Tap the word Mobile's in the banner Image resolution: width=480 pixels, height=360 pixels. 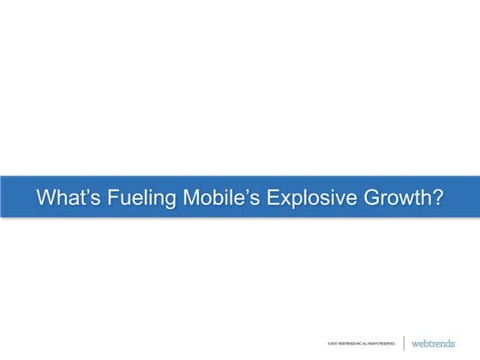click(221, 197)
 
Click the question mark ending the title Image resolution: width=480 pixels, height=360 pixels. click(437, 197)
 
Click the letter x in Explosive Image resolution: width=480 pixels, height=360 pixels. click(286, 199)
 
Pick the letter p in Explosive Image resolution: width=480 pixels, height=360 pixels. click(297, 201)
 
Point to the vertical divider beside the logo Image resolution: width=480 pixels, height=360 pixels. click(404, 342)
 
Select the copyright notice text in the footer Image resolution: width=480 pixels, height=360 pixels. click(355, 344)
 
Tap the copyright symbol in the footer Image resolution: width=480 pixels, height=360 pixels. click(318, 344)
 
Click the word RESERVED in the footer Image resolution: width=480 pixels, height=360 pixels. click(385, 344)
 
